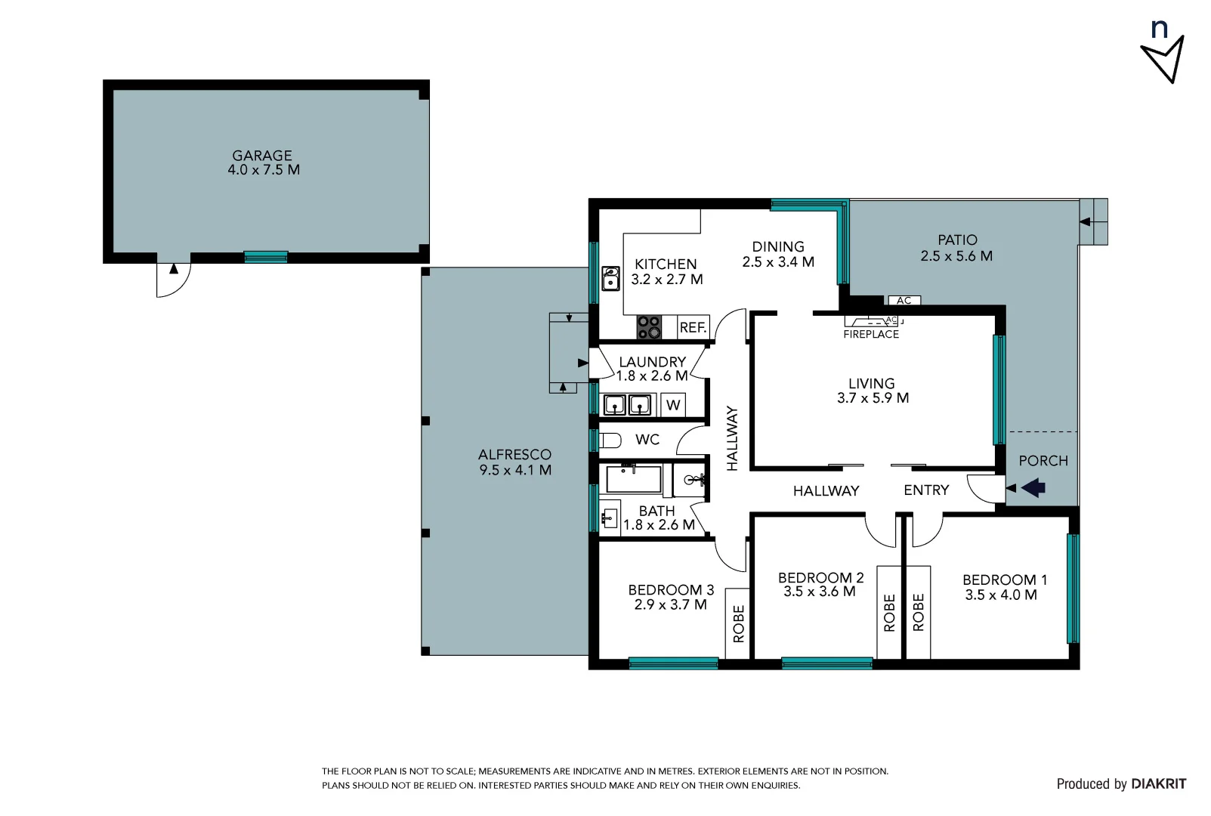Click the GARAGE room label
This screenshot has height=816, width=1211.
click(x=262, y=156)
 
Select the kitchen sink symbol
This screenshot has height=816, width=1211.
click(x=610, y=278)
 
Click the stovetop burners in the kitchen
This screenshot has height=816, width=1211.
click(x=649, y=327)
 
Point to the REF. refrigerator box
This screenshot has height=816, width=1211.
click(x=693, y=327)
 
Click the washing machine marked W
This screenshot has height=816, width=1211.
click(x=673, y=405)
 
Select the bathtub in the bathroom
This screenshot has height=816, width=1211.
click(x=634, y=479)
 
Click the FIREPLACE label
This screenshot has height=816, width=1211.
click(x=871, y=334)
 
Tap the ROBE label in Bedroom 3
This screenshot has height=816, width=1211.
click(x=738, y=623)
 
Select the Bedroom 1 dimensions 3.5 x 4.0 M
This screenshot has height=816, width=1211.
click(x=1001, y=595)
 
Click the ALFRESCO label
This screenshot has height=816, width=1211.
click(x=514, y=454)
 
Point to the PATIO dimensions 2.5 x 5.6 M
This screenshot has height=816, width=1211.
click(x=956, y=256)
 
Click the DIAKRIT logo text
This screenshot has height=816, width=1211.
click(x=1158, y=784)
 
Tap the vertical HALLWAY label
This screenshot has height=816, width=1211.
click(x=731, y=438)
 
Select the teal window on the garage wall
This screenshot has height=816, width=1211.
click(x=266, y=257)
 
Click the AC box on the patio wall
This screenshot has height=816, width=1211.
click(x=904, y=301)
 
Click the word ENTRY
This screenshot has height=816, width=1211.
click(x=926, y=490)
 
